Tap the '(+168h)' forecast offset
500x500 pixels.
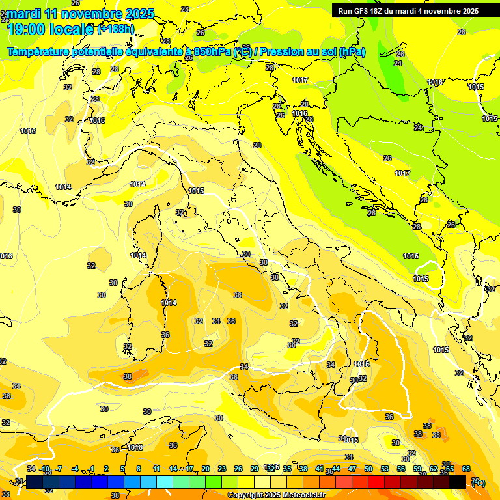(x=116, y=29)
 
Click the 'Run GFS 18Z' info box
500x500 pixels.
(x=408, y=10)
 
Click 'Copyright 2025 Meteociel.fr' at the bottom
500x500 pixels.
(x=277, y=495)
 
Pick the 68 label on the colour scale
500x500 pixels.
(x=466, y=469)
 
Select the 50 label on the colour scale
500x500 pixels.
(x=368, y=469)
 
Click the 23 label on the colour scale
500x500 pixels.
(x=222, y=469)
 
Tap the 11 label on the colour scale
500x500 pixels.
(x=156, y=469)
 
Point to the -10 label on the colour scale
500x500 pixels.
(x=45, y=469)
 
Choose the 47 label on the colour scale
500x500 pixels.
(x=352, y=469)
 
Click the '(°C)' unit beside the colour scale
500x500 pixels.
(x=478, y=482)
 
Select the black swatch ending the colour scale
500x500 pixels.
(x=458, y=482)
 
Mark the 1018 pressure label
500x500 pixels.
(x=135, y=447)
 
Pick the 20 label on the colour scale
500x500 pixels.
(x=206, y=469)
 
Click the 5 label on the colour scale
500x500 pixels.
(x=122, y=469)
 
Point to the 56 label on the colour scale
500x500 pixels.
(x=401, y=469)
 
